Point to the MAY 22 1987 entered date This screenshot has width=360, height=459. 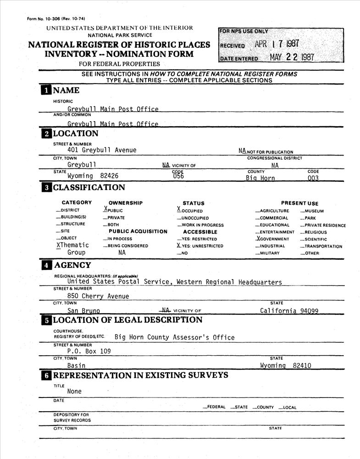(292, 57)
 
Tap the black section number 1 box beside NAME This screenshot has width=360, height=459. (46, 90)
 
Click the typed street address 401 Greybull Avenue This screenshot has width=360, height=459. (102, 150)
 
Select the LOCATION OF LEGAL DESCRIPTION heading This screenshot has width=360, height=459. (127, 320)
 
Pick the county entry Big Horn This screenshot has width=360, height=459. (260, 178)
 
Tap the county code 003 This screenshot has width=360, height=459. (313, 178)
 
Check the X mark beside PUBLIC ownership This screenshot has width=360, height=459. (105, 209)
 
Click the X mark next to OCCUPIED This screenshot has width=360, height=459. (179, 209)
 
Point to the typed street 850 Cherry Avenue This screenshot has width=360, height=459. (98, 296)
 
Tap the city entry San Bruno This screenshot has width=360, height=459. (83, 311)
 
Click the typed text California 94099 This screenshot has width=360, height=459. (289, 311)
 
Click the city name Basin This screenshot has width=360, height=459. (76, 366)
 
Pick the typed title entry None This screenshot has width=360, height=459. (75, 392)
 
